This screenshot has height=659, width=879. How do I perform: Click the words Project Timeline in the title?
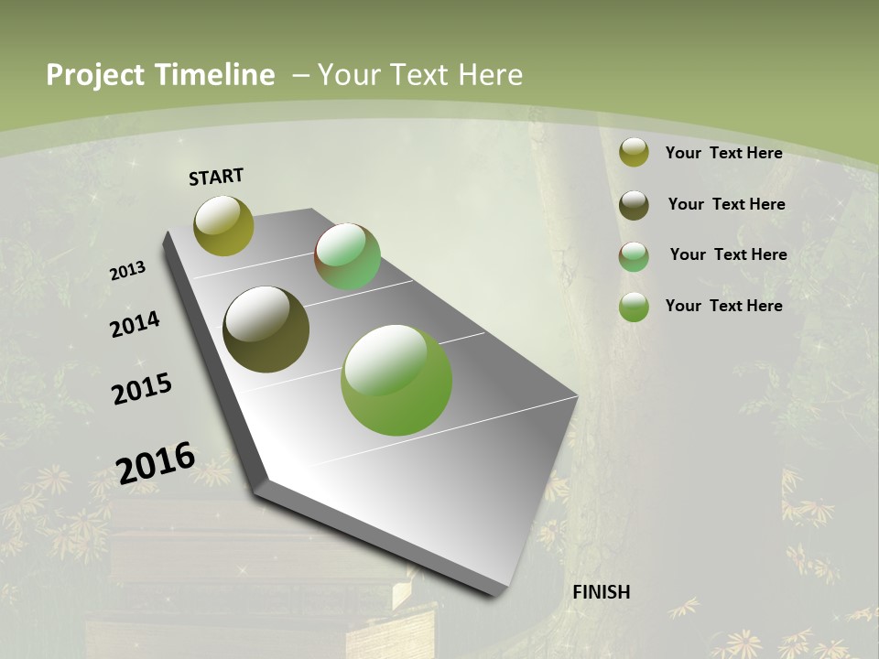click(x=160, y=75)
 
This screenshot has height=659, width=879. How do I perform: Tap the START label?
click(x=216, y=177)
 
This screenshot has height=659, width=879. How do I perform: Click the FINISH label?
click(x=602, y=592)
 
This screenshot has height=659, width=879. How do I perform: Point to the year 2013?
click(x=128, y=270)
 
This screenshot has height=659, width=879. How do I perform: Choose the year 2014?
click(x=136, y=324)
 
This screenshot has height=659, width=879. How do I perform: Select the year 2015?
click(x=142, y=389)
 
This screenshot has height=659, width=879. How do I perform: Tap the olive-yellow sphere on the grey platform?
click(x=223, y=225)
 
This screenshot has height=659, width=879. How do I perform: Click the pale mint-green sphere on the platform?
click(x=348, y=256)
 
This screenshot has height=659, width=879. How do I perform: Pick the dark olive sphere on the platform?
click(x=266, y=329)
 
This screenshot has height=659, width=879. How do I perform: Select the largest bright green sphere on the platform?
click(x=396, y=380)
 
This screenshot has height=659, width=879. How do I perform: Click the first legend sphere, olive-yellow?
click(x=634, y=153)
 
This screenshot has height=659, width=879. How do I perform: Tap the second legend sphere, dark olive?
click(x=634, y=205)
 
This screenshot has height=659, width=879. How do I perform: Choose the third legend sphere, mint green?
click(x=634, y=256)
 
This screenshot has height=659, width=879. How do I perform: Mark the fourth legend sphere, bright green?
click(x=634, y=307)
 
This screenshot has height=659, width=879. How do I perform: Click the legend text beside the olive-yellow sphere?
click(x=723, y=153)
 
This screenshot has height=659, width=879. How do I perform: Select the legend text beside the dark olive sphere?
click(x=726, y=204)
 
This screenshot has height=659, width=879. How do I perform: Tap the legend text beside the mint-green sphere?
click(x=728, y=254)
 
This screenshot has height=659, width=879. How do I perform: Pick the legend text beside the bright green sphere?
click(x=723, y=306)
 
